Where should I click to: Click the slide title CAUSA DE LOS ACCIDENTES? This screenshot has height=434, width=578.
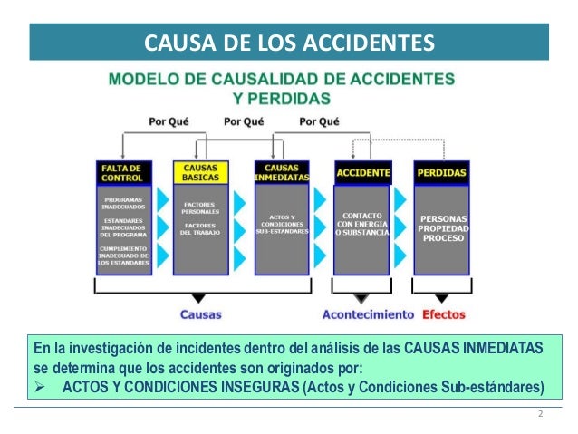289,43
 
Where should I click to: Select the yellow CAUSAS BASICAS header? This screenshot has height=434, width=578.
198,172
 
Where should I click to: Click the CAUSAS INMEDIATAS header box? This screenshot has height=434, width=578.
282,172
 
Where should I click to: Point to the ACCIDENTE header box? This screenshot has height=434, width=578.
363,172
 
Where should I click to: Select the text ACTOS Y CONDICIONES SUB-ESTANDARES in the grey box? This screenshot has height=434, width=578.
282,225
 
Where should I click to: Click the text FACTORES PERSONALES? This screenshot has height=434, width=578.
198,208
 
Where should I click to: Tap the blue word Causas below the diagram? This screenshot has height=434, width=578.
201,315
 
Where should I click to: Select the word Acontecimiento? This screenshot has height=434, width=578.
368,315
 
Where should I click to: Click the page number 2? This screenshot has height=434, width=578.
541,415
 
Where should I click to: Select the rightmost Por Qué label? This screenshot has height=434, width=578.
318,121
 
